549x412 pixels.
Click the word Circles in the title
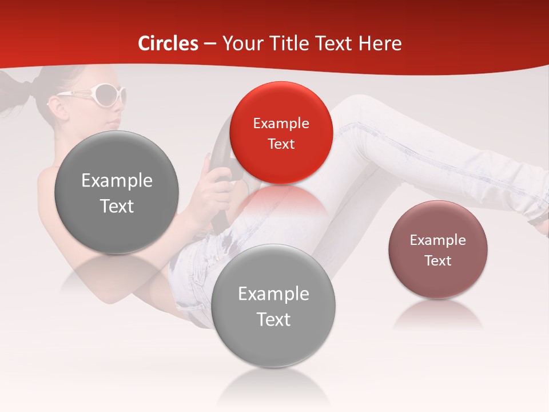point(168,43)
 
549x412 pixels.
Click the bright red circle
point(281,133)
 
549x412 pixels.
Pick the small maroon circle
point(437,249)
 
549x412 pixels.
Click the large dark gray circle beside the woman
point(117,192)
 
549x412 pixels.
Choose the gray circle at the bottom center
point(273,306)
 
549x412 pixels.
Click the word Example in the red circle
point(281,123)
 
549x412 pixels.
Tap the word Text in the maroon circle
point(437,261)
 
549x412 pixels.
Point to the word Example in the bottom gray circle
point(273,294)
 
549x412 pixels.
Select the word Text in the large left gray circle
point(117,206)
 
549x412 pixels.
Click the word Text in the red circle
point(281,144)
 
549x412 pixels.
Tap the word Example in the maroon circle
point(437,240)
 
